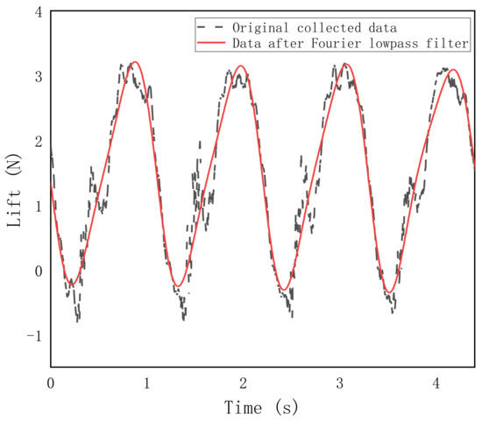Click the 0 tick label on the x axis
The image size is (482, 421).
(51, 382)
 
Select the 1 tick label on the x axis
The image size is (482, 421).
(147, 382)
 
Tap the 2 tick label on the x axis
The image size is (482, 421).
(243, 382)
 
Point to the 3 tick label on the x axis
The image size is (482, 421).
(339, 382)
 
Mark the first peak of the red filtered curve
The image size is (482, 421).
(134, 62)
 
